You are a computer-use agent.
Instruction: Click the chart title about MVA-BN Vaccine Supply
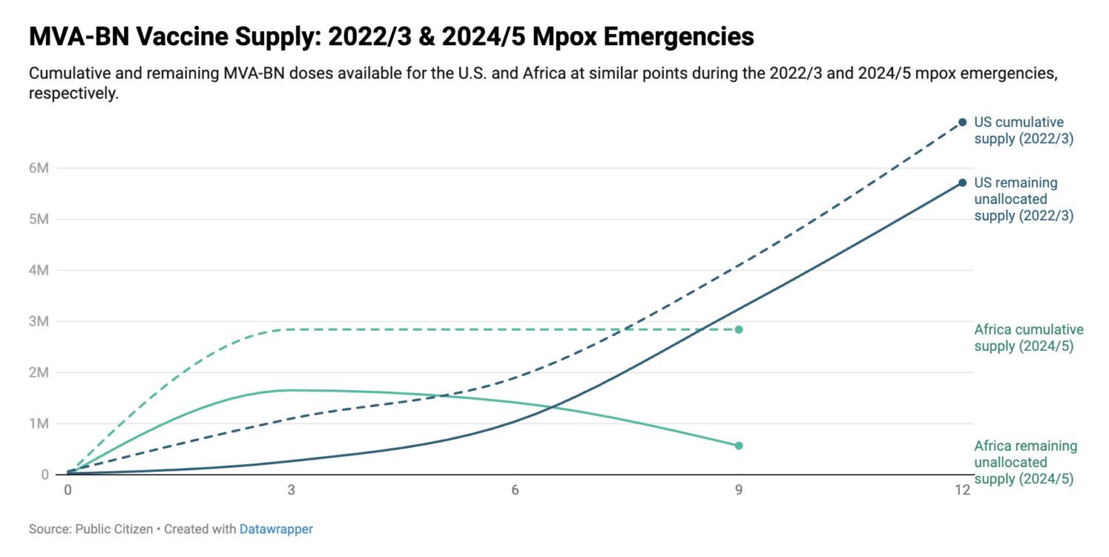(x=391, y=36)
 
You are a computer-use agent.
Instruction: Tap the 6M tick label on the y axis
(x=38, y=168)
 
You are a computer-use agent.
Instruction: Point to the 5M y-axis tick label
(x=38, y=219)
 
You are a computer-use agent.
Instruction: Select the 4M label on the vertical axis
(x=38, y=270)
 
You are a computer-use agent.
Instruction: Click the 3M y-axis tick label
(x=38, y=321)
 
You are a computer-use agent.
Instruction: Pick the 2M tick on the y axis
(x=38, y=372)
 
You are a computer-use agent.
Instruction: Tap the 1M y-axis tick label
(x=38, y=424)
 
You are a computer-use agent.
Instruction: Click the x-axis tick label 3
(x=291, y=490)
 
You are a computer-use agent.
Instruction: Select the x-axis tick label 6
(x=515, y=490)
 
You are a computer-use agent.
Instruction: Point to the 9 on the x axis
(x=739, y=490)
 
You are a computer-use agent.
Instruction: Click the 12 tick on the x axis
(x=962, y=490)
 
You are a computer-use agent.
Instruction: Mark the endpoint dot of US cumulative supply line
(x=963, y=123)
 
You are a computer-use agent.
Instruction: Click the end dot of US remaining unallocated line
(x=963, y=182)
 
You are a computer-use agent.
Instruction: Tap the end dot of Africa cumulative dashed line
(x=739, y=329)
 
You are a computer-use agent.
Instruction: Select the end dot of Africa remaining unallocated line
(x=739, y=445)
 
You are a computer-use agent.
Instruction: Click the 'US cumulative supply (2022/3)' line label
(x=1023, y=130)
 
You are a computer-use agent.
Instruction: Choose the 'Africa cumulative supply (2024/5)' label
(x=1028, y=338)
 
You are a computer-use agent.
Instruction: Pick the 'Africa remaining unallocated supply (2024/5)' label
(x=1025, y=462)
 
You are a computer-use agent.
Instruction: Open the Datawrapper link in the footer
(x=276, y=530)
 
